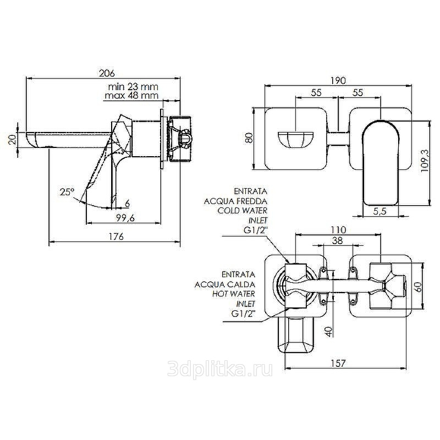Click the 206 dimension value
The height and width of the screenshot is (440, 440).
click(107, 73)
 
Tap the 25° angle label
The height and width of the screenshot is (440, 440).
click(67, 192)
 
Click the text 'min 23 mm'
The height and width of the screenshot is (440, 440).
click(133, 86)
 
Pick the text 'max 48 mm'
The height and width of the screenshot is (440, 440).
click(131, 95)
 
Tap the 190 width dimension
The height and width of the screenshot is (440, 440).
click(338, 80)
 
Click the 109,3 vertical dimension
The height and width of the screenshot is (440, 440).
click(425, 161)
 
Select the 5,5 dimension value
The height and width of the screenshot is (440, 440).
click(380, 211)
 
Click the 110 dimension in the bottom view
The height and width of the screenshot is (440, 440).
click(338, 230)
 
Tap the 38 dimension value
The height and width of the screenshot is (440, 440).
click(337, 240)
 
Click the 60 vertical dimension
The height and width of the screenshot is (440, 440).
click(418, 287)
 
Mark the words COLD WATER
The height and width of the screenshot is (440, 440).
click(243, 210)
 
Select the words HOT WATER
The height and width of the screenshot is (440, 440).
click(233, 294)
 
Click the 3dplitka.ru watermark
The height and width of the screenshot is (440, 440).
click(219, 369)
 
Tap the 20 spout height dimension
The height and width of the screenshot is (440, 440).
click(12, 139)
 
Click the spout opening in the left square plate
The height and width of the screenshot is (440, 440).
click(296, 139)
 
